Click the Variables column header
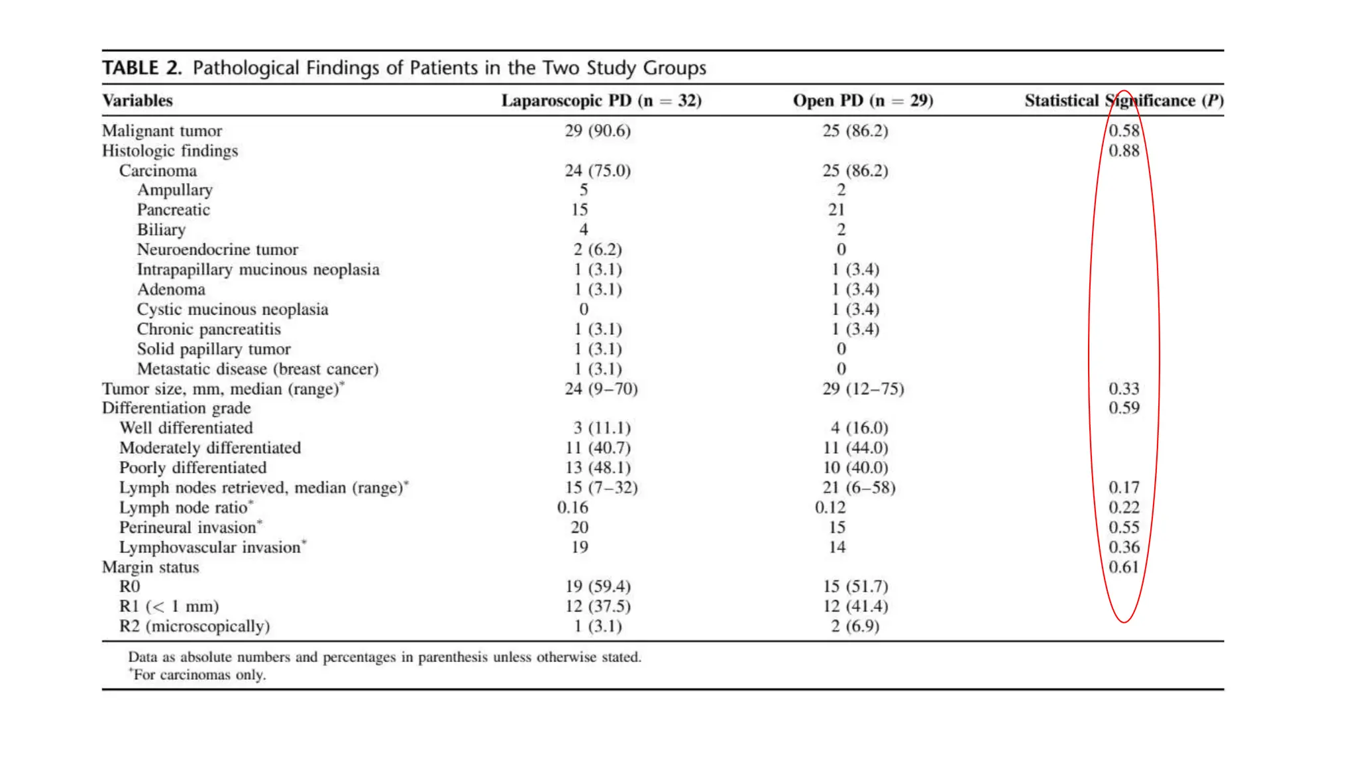click(x=137, y=101)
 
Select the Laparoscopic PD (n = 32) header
click(x=601, y=101)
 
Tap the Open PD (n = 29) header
click(x=863, y=101)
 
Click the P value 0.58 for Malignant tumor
click(x=1124, y=131)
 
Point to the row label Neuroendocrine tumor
click(x=217, y=249)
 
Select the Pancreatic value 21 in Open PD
click(x=836, y=210)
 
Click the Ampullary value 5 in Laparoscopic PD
click(x=584, y=190)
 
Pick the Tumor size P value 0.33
click(x=1124, y=389)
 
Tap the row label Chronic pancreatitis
click(x=209, y=329)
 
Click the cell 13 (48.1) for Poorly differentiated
click(x=598, y=468)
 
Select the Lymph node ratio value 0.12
click(x=830, y=507)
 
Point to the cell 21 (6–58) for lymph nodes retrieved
click(x=859, y=487)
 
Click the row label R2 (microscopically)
click(x=194, y=626)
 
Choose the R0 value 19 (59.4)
click(x=598, y=586)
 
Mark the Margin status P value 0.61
click(x=1124, y=567)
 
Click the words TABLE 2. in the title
click(x=142, y=68)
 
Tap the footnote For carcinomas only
click(x=199, y=675)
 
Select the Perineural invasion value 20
click(x=580, y=527)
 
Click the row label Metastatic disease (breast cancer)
click(x=258, y=369)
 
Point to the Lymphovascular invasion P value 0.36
click(x=1124, y=547)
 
